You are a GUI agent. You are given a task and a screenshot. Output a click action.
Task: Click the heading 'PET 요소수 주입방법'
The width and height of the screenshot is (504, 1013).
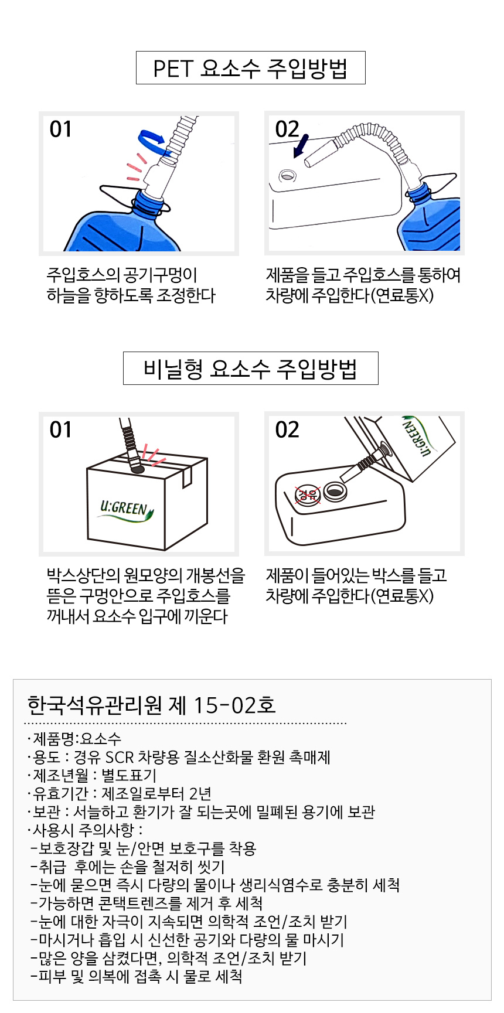[250, 68]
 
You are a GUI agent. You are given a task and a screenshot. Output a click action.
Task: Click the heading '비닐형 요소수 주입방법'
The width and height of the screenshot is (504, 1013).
[250, 369]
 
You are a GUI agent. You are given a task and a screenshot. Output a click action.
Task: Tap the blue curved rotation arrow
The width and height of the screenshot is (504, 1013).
[151, 139]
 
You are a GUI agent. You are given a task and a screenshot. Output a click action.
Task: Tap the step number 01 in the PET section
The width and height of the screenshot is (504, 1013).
[61, 129]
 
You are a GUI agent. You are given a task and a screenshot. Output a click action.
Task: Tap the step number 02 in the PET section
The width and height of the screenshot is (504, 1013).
[287, 129]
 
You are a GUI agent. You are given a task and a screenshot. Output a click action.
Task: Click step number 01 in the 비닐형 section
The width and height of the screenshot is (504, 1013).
[61, 429]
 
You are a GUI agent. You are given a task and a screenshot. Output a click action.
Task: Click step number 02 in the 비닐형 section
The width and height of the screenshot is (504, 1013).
[287, 429]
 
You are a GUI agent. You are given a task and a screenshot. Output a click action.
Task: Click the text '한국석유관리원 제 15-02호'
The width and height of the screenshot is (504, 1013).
[152, 705]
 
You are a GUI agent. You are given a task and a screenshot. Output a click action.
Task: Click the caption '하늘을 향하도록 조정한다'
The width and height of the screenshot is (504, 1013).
[131, 295]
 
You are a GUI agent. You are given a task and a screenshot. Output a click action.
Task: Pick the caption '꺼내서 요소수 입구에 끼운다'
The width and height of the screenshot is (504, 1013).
[137, 616]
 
